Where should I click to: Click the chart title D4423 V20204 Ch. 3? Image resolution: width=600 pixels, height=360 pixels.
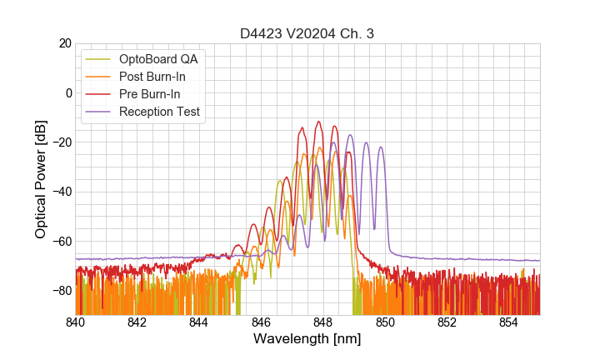pos(307,33)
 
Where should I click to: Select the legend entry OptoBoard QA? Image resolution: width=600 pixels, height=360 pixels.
pos(159,59)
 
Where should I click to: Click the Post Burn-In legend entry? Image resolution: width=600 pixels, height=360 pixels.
pos(152,77)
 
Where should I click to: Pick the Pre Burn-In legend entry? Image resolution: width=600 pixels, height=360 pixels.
pos(149,94)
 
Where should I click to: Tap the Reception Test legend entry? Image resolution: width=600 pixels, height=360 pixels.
pos(159,112)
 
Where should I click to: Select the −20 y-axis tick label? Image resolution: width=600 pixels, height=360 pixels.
pos(61,142)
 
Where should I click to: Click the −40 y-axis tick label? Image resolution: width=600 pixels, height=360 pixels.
pos(61,192)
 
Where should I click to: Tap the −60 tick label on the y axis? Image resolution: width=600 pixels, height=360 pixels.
pos(61,242)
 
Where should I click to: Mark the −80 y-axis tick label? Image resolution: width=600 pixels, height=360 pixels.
pos(61,291)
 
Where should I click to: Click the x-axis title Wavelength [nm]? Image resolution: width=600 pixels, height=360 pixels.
pos(307,339)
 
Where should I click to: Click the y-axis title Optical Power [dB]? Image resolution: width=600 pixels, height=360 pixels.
pos(41,179)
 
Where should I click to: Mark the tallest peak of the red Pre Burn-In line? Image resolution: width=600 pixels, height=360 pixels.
pos(318,122)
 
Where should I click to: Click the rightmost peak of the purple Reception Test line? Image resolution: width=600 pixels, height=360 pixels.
pos(381,147)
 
